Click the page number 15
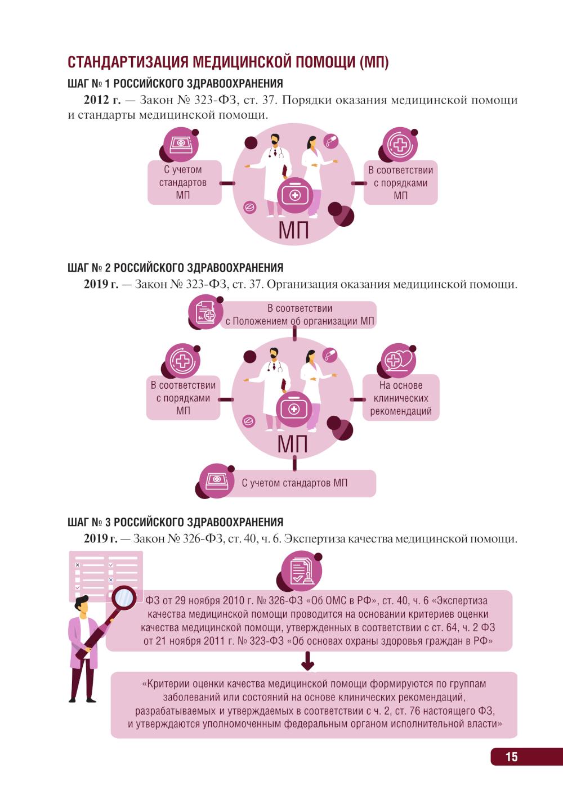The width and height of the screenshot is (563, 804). [x=511, y=757]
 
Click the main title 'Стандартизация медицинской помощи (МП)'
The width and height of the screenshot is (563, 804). [x=228, y=62]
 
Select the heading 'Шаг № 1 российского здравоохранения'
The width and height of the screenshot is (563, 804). [x=175, y=84]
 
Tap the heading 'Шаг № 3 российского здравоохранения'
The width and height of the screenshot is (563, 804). [x=175, y=522]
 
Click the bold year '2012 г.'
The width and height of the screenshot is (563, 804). [x=102, y=101]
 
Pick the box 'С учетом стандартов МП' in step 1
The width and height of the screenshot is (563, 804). [x=183, y=183]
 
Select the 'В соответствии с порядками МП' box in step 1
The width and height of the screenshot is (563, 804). [x=400, y=183]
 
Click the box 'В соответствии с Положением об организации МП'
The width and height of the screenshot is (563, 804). [x=298, y=315]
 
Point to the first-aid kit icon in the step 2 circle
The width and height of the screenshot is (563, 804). [x=293, y=408]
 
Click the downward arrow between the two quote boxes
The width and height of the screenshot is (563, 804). [x=307, y=662]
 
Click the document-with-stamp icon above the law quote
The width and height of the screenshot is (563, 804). [x=299, y=569]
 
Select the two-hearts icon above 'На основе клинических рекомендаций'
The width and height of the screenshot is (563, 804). [x=397, y=360]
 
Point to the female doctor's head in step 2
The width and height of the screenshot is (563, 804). [x=311, y=357]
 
